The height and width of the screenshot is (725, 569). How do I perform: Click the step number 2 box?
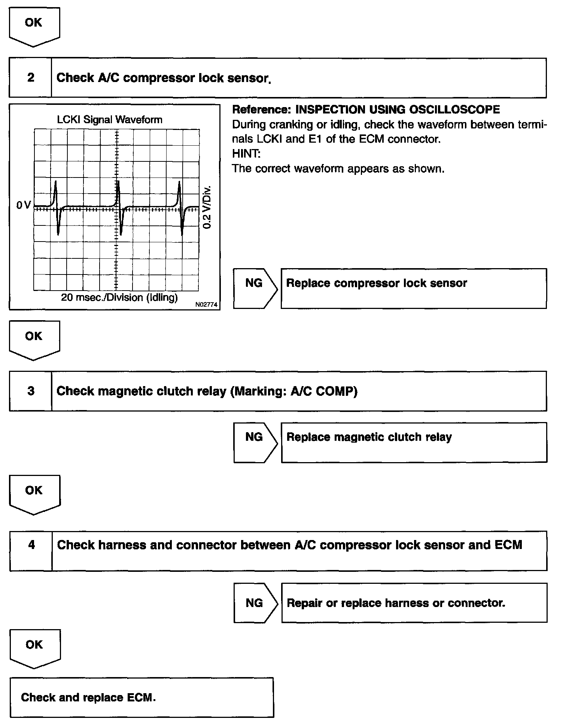(30, 78)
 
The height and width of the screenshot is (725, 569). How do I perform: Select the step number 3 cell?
(31, 391)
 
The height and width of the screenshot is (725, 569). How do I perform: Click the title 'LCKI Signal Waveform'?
(110, 120)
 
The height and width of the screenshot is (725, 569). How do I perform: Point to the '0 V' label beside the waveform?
(24, 205)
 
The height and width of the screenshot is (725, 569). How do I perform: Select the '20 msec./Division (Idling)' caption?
(119, 297)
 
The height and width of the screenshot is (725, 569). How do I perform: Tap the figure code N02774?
(206, 304)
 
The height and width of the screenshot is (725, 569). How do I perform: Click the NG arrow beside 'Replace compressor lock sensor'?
(255, 288)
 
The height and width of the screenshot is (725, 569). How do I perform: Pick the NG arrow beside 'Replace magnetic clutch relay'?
(255, 442)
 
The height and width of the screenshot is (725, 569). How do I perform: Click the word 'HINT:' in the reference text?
(246, 154)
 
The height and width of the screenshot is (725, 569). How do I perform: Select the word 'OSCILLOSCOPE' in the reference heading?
(453, 109)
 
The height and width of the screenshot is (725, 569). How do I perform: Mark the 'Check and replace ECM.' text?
(88, 697)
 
